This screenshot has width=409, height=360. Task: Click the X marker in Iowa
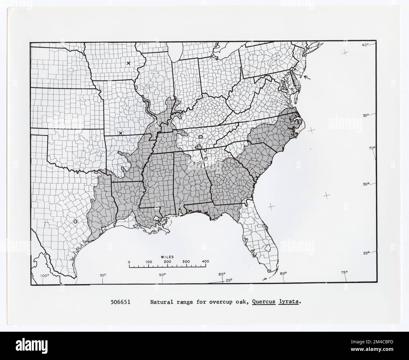128,63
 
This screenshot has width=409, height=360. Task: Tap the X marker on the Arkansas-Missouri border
120,133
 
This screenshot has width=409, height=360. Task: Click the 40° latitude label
365,45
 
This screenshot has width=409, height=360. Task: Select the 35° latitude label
365,115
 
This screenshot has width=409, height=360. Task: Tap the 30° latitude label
365,184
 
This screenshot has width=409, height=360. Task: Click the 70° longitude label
372,148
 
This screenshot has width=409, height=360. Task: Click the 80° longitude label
283,273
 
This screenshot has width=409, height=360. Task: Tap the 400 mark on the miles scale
205,261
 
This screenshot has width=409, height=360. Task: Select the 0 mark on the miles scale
129,262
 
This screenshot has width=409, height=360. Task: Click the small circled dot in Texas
75,222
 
